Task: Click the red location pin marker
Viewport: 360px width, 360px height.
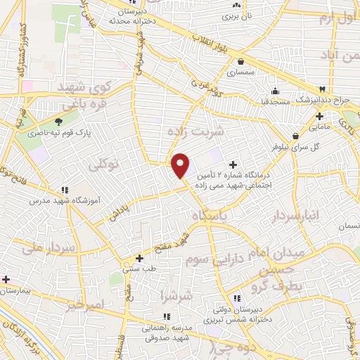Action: click(x=181, y=165)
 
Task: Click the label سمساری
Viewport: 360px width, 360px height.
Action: click(x=241, y=72)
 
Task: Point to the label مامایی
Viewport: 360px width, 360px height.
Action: click(x=319, y=127)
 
